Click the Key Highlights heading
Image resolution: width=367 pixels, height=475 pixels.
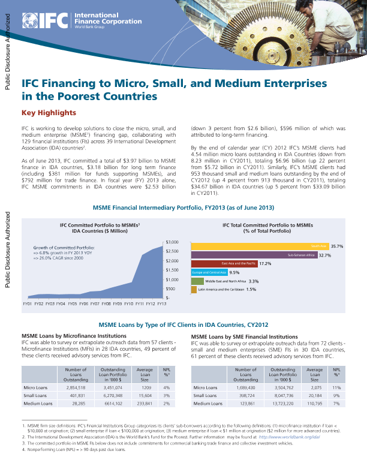pyautogui.click(x=49, y=113)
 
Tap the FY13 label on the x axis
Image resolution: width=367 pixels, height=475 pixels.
pyautogui.click(x=161, y=304)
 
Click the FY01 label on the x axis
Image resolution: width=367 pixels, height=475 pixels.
pyautogui.click(x=27, y=304)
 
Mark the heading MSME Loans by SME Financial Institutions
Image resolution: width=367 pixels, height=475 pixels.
pyautogui.click(x=245, y=337)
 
